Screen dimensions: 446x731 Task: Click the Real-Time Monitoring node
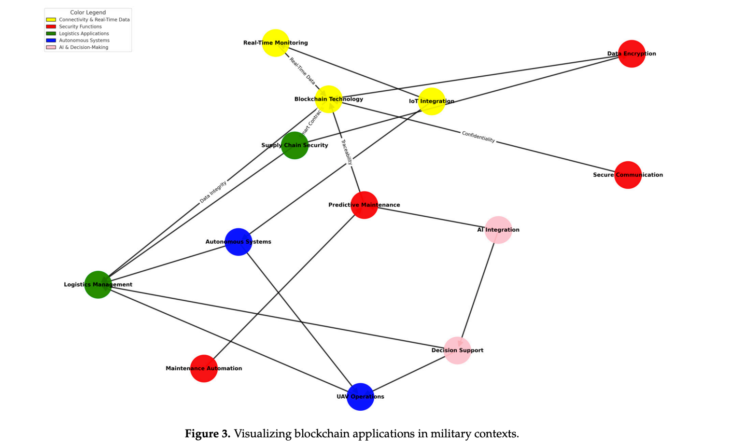(x=275, y=43)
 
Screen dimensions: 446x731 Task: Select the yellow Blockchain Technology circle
(x=328, y=99)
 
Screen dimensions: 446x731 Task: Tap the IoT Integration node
(x=432, y=101)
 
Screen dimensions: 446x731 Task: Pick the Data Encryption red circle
(x=632, y=54)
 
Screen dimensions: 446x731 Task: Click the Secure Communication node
(x=628, y=175)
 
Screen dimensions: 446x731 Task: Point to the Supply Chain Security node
(x=295, y=145)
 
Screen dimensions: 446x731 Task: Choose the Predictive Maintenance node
(x=364, y=205)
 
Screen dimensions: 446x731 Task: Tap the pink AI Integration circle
(x=498, y=230)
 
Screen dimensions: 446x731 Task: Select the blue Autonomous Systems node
(x=239, y=242)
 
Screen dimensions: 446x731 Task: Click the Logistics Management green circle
(x=98, y=285)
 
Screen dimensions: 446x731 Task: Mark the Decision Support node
(x=457, y=350)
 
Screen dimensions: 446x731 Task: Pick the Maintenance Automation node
(x=204, y=368)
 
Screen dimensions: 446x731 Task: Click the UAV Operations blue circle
(x=360, y=397)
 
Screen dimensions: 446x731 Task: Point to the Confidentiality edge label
(x=478, y=137)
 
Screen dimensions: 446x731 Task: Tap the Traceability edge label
(x=347, y=152)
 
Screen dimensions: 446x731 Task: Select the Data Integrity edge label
(x=213, y=192)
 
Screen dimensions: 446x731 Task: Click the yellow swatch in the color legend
(x=51, y=20)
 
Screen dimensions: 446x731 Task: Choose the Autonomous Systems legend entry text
(x=84, y=41)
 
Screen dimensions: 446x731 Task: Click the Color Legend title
(x=88, y=13)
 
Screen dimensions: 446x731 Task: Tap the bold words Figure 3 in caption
(x=208, y=433)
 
